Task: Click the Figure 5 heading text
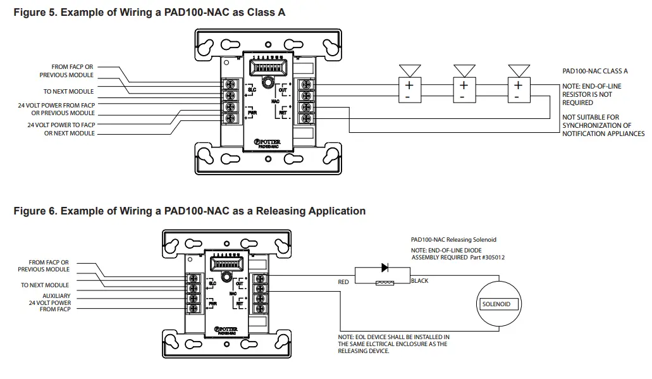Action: pyautogui.click(x=149, y=12)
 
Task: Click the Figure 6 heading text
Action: pyautogui.click(x=189, y=211)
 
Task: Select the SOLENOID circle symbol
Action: pyautogui.click(x=496, y=304)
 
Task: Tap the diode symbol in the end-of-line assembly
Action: pyautogui.click(x=384, y=268)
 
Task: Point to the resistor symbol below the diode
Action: pyautogui.click(x=384, y=283)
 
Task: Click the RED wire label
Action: pyautogui.click(x=343, y=282)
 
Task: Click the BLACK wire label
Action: pyautogui.click(x=419, y=280)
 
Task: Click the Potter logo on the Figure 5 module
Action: pyautogui.click(x=270, y=142)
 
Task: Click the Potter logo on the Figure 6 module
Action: pyautogui.click(x=225, y=329)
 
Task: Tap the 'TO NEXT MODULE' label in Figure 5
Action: pyautogui.click(x=68, y=92)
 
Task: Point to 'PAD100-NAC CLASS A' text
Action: pyautogui.click(x=594, y=71)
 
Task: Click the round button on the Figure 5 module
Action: pyautogui.click(x=269, y=82)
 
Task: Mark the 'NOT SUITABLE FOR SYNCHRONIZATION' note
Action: pyautogui.click(x=603, y=125)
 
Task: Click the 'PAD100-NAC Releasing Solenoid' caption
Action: pyautogui.click(x=453, y=240)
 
